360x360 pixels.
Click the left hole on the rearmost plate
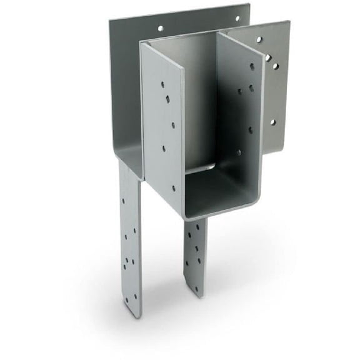tap(161, 28)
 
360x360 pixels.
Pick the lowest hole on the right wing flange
tap(272, 122)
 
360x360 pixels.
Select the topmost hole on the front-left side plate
tap(161, 83)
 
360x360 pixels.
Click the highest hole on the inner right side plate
tap(252, 65)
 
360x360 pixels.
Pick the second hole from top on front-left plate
tap(167, 98)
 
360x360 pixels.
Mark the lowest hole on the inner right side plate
tap(238, 152)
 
